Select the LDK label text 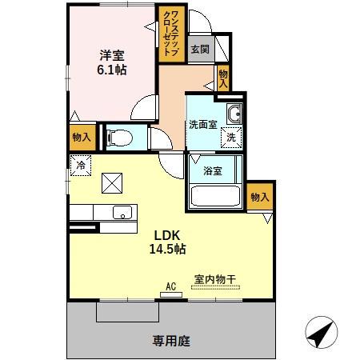(x=167, y=235)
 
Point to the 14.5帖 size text (x=167, y=249)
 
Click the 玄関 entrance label (x=199, y=49)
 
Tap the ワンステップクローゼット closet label (x=173, y=34)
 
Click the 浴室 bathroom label (x=212, y=170)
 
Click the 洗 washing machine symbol (x=230, y=137)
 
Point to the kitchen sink (x=122, y=213)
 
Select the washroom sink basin (x=234, y=115)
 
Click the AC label (x=170, y=286)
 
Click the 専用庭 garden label (x=171, y=341)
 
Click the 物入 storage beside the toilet (x=81, y=137)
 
